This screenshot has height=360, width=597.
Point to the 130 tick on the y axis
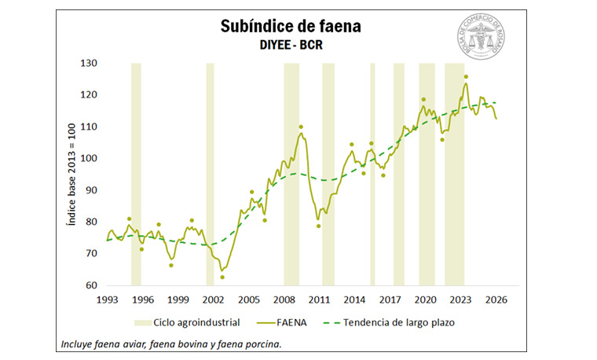90,63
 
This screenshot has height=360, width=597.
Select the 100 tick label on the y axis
90,159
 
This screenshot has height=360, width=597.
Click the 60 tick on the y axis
92,286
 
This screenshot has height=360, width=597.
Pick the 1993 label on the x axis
107,299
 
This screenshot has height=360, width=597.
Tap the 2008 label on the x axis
284,299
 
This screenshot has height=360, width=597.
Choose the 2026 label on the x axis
496,299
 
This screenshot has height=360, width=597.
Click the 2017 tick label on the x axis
390,299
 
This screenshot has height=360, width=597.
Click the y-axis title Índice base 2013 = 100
70,174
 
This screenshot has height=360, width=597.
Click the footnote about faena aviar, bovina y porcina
170,343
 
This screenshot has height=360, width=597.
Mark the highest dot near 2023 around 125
466,77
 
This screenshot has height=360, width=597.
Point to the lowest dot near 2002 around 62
222,277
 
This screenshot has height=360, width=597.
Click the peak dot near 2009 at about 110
300,127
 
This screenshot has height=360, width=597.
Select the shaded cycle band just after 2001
210,174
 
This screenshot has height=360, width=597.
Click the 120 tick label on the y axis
90,95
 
